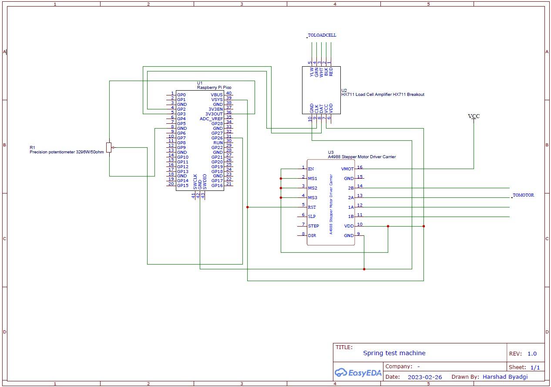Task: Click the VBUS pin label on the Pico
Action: coord(217,95)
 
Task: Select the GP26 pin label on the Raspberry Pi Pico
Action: coord(217,138)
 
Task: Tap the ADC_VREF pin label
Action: coord(211,119)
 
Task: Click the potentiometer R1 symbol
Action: coord(109,147)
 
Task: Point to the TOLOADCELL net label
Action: coord(322,35)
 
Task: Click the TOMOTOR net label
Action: coord(523,195)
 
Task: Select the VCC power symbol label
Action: coord(474,116)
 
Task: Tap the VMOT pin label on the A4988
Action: coord(347,169)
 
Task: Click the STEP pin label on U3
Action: coord(313,226)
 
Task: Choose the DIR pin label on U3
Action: coord(312,235)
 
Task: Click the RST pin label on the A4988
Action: coord(312,207)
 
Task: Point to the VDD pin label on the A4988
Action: coord(349,226)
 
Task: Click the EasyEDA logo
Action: coord(358,373)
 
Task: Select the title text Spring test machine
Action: coord(394,353)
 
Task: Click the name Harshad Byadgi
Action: coord(504,377)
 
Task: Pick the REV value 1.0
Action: coord(532,354)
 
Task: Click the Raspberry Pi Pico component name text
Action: coord(214,88)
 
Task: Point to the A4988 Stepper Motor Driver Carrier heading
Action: coord(362,157)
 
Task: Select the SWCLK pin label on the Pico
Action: coord(195,182)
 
